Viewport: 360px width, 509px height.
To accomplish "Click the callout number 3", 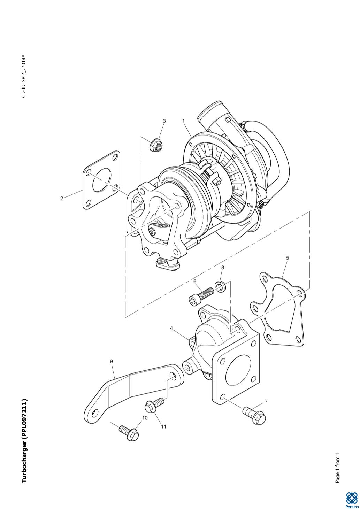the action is click(x=164, y=121).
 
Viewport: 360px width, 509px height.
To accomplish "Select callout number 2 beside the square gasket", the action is click(x=62, y=198).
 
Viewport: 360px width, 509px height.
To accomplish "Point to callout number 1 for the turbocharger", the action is click(x=183, y=121).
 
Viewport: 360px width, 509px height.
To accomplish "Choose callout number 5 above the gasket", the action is click(x=288, y=258).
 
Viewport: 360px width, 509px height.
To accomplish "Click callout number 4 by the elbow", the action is click(x=171, y=328).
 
